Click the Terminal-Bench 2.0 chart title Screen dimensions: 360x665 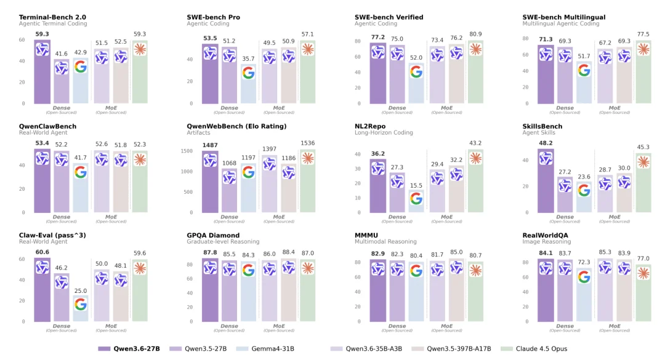pyautogui.click(x=52, y=17)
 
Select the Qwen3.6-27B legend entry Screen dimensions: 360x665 pyautogui.click(x=129, y=349)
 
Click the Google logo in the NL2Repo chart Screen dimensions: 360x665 pyautogui.click(x=416, y=198)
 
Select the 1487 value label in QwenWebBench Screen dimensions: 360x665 pyautogui.click(x=210, y=146)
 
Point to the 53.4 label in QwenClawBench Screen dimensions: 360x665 pyautogui.click(x=42, y=143)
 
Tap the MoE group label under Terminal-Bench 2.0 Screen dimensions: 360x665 pyautogui.click(x=111, y=108)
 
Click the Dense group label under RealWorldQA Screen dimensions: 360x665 pyautogui.click(x=565, y=326)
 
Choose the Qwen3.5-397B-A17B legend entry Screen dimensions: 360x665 pyautogui.click(x=458, y=349)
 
